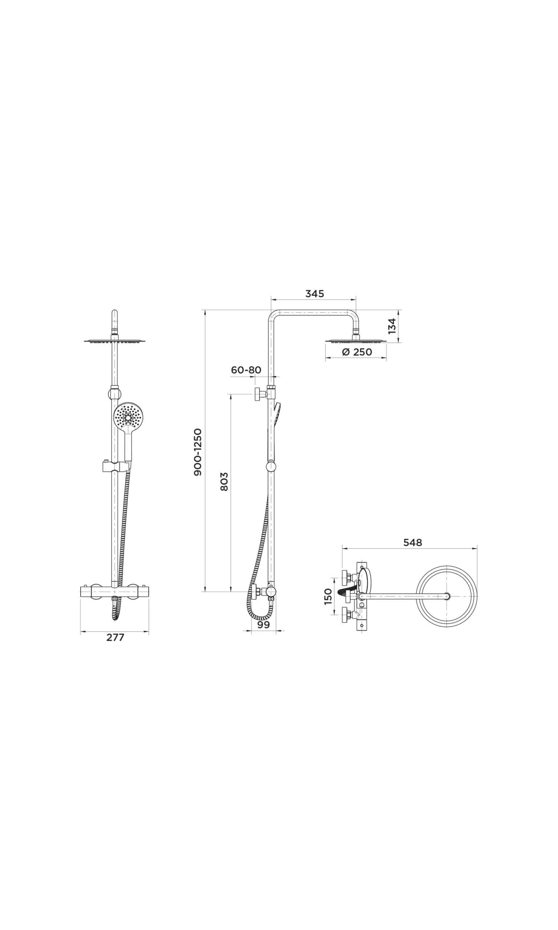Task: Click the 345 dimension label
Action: point(314,294)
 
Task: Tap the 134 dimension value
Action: point(392,326)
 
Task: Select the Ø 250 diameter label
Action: point(357,352)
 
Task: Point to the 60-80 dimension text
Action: point(246,370)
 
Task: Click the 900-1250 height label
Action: point(198,452)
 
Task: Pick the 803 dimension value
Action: point(224,482)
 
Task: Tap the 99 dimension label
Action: point(264,625)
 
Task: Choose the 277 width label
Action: point(115,638)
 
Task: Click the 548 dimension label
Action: point(412,542)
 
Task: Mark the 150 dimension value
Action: point(328,597)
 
